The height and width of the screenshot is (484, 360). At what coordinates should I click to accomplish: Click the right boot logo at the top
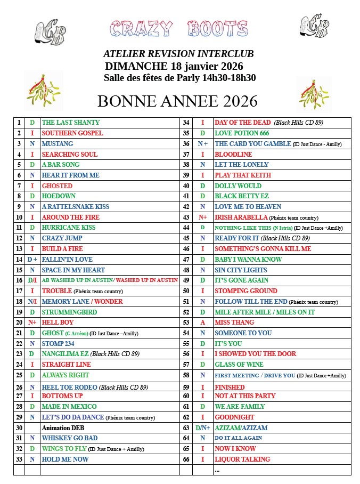pyautogui.click(x=314, y=27)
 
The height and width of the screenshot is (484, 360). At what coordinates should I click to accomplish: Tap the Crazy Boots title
pyautogui.click(x=179, y=29)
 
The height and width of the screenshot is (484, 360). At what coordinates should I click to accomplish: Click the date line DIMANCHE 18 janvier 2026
pyautogui.click(x=174, y=66)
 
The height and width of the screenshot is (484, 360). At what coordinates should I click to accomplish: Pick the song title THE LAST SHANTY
pyautogui.click(x=71, y=123)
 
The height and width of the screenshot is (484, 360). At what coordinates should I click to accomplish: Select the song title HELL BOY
pyautogui.click(x=58, y=322)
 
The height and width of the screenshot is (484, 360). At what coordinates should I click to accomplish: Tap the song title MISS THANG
pyautogui.click(x=234, y=322)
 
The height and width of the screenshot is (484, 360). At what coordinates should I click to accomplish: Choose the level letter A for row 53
pyautogui.click(x=202, y=322)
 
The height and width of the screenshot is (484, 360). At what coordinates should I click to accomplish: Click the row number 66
pyautogui.click(x=186, y=459)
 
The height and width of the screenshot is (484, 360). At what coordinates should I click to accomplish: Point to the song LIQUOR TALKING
pyautogui.click(x=242, y=459)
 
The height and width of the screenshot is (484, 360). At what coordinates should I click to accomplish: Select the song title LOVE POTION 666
pyautogui.click(x=242, y=133)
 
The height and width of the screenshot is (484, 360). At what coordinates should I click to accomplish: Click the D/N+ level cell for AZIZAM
pyautogui.click(x=202, y=427)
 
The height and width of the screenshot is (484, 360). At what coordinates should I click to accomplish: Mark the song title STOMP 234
pyautogui.click(x=58, y=344)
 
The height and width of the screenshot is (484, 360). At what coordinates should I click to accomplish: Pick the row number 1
pyautogui.click(x=19, y=123)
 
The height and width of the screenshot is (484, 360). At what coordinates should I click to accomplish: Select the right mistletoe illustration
pyautogui.click(x=314, y=94)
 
